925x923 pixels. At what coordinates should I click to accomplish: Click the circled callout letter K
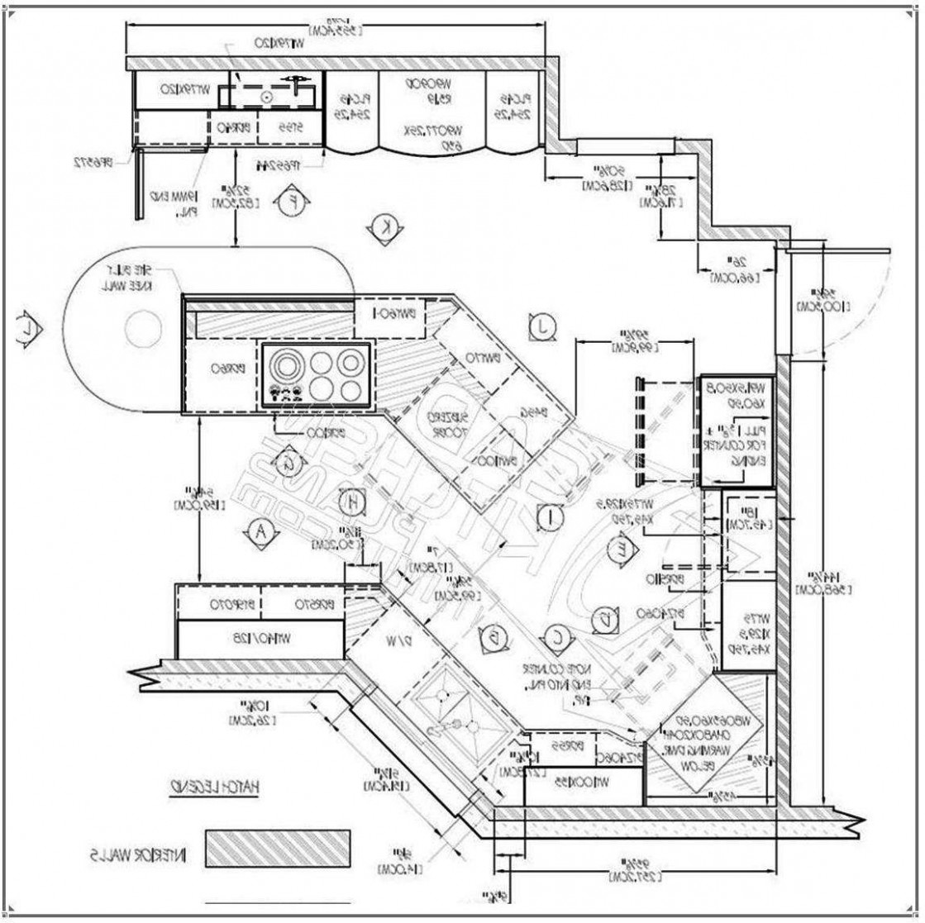(383, 227)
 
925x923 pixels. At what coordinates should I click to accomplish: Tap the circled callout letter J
(542, 326)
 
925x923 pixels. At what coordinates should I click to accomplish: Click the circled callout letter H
(352, 500)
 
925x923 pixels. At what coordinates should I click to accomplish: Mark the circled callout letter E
(617, 550)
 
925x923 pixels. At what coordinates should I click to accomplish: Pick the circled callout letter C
(556, 636)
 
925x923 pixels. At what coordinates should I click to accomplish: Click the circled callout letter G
(288, 460)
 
